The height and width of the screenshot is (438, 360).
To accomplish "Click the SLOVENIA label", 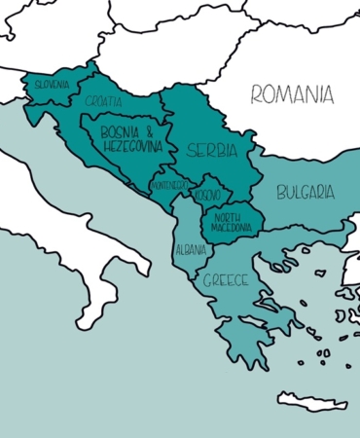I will [53, 85].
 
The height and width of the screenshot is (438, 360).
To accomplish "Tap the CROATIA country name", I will [103, 101].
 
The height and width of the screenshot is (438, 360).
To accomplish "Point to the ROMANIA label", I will [292, 94].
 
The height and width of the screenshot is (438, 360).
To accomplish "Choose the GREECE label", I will [226, 280].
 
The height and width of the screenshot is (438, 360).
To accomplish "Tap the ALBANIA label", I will [190, 250].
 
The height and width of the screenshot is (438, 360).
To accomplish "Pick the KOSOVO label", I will [207, 196].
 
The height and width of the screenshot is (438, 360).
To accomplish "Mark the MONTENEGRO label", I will [168, 184].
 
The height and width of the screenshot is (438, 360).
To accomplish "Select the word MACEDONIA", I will [232, 228].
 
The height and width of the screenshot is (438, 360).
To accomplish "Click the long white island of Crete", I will [311, 400].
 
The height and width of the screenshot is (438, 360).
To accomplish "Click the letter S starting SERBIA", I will [191, 151].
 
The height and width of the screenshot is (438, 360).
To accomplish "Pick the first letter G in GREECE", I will [207, 281].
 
